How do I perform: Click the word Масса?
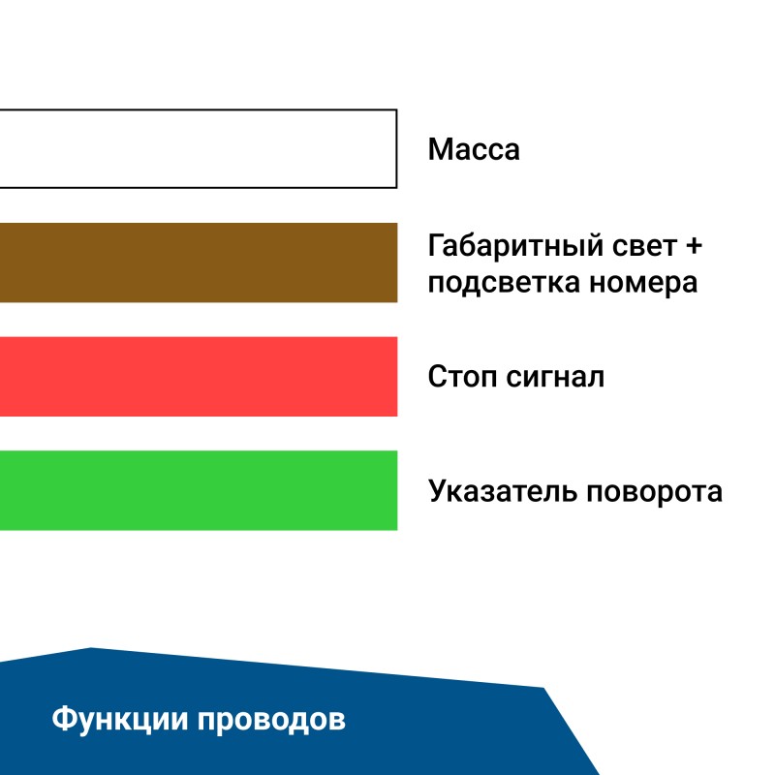coord(474,150)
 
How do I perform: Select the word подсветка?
coord(504,284)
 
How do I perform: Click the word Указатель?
coord(504,491)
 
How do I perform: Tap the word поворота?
coord(655,491)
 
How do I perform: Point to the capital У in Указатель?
coord(438,491)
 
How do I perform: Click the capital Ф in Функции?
coord(62,720)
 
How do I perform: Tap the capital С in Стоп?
coord(437,376)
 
